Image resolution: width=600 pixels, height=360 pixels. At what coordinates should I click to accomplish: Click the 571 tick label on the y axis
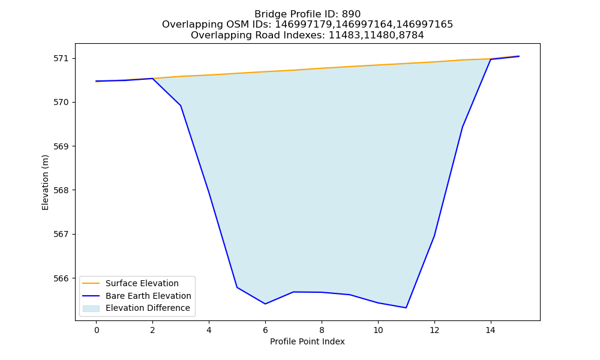click(x=61, y=59)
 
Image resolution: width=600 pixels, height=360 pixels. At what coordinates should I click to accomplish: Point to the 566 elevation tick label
click(x=61, y=278)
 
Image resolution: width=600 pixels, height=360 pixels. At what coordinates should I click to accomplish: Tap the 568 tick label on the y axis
click(x=61, y=191)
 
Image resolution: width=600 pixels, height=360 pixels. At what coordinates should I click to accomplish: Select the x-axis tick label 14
click(x=491, y=330)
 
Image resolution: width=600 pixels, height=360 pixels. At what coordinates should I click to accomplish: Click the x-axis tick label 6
click(x=265, y=330)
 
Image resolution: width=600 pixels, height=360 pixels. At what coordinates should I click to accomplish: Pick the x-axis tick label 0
click(x=97, y=330)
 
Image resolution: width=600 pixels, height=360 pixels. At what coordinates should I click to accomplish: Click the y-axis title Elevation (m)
click(x=45, y=182)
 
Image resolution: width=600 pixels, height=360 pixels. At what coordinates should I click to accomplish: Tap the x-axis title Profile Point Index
click(x=307, y=341)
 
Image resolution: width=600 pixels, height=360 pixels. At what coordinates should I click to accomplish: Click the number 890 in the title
click(x=351, y=14)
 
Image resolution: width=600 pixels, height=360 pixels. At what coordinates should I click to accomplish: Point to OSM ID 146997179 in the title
click(x=304, y=25)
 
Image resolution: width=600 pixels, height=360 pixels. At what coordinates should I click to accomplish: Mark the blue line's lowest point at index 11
click(x=406, y=308)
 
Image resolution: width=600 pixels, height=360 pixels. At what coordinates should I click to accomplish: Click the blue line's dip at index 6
click(x=265, y=304)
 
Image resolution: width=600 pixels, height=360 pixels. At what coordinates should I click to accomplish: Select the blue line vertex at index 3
click(x=181, y=106)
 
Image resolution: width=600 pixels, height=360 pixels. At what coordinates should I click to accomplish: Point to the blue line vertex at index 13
click(x=462, y=127)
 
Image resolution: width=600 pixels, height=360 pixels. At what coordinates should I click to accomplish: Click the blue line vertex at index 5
click(x=237, y=287)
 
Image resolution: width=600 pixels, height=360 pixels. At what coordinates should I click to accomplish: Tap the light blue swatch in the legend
click(x=91, y=308)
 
